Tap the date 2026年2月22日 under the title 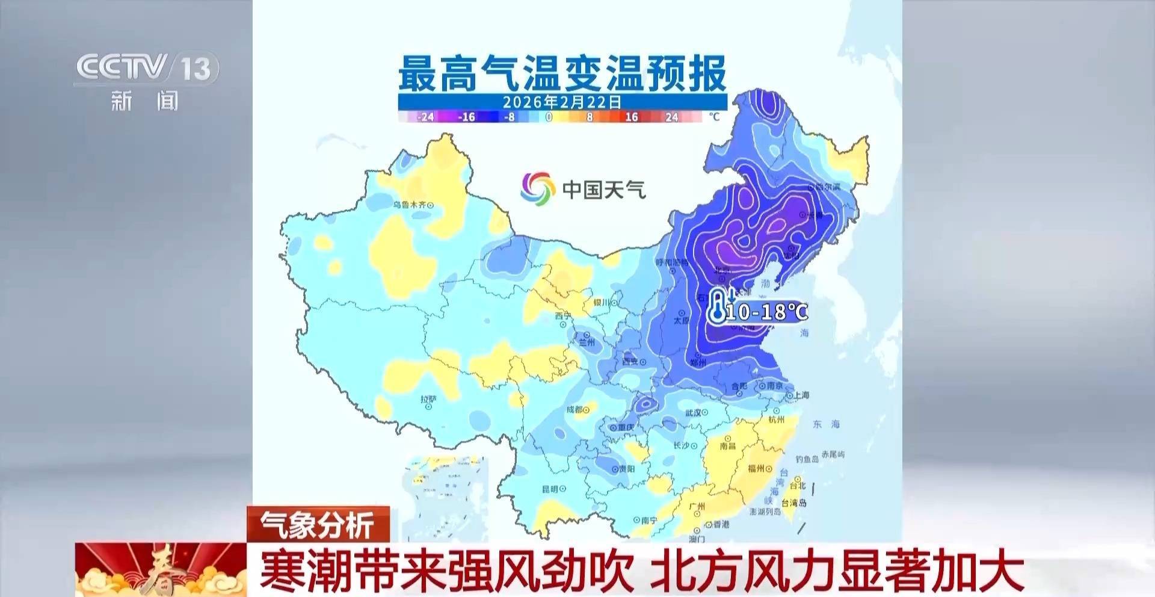562,102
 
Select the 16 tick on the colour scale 631,117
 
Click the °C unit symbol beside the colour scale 714,116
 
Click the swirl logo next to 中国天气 537,189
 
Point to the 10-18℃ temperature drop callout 766,312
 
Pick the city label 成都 574,410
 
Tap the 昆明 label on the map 550,489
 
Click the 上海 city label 801,395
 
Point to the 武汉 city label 694,413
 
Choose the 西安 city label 630,362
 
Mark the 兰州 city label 587,342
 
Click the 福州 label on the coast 756,468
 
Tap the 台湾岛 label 794,503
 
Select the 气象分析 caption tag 318,524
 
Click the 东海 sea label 826,424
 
